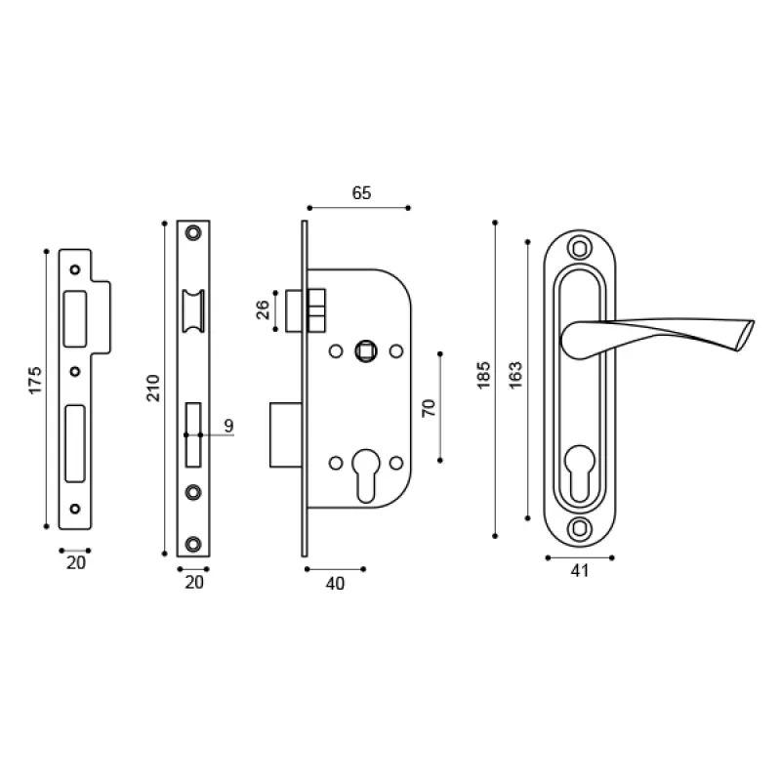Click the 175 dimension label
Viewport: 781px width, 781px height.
pos(35,381)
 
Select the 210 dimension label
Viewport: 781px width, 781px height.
pos(153,388)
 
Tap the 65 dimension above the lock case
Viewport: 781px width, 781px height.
pos(361,192)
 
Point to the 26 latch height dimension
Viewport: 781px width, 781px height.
pos(263,309)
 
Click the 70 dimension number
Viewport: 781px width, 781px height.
pos(429,408)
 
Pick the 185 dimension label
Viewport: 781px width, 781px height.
pos(483,375)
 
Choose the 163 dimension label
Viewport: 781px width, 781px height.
pos(515,375)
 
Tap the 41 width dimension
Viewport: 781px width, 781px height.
pos(580,570)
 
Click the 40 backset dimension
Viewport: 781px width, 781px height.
pos(335,583)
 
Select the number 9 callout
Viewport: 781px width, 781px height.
pos(228,426)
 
